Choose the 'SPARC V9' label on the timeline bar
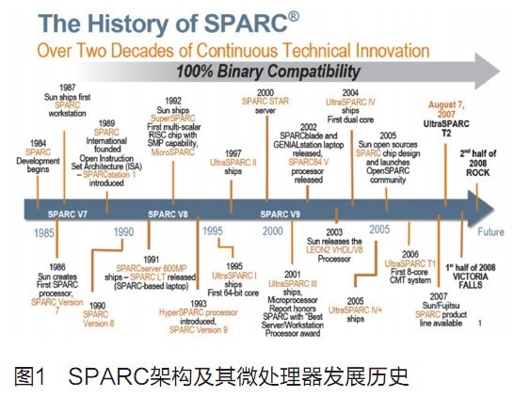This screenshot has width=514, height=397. (281, 214)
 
